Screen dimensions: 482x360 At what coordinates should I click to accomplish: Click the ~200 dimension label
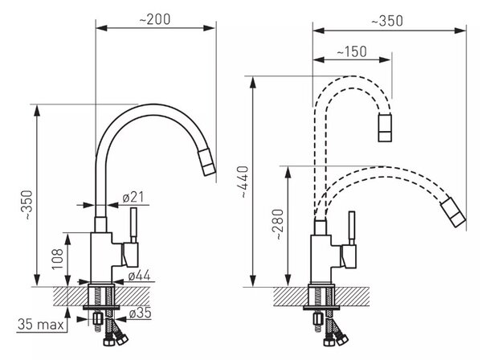155,19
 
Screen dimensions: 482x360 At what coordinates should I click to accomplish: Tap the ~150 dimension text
352,51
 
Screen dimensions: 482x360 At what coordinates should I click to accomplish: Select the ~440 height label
244,182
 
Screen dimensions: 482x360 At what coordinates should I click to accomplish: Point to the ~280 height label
279,224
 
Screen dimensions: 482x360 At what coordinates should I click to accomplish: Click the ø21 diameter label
133,197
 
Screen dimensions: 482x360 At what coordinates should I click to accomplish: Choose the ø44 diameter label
139,276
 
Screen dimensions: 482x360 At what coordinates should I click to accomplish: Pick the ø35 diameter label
140,313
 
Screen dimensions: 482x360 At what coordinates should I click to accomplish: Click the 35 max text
41,325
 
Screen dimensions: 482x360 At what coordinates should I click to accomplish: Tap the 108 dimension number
58,260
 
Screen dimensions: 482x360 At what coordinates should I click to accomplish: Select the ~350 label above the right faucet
387,21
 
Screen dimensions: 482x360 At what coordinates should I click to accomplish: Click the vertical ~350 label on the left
28,205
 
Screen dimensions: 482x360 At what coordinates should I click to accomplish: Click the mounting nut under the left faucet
98,318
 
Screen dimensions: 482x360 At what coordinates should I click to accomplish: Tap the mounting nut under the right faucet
318,319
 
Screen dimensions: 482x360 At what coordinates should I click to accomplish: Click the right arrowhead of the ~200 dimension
209,28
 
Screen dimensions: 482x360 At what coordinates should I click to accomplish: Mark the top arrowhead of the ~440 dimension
253,83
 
